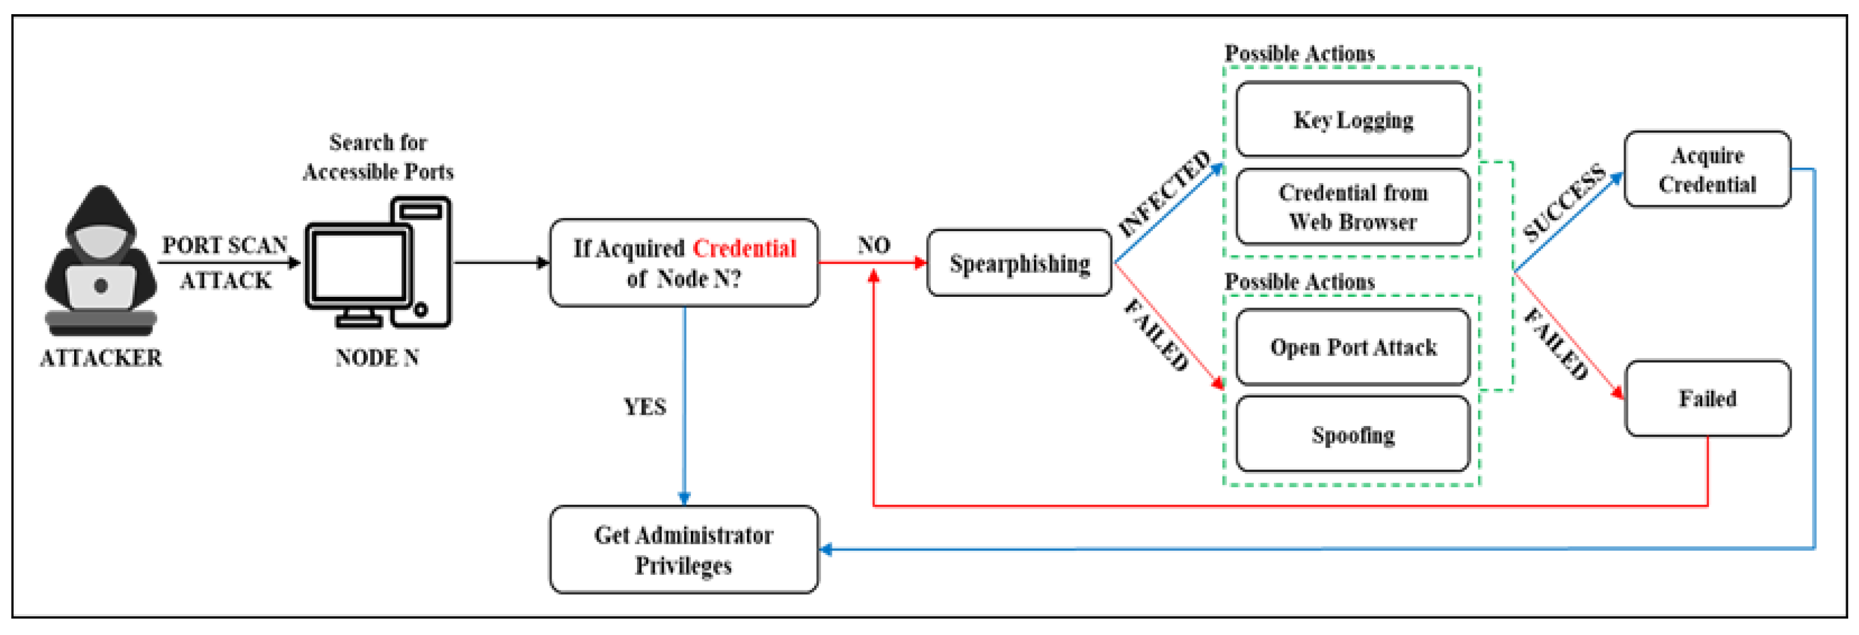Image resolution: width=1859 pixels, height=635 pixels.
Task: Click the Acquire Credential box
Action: pos(1707,169)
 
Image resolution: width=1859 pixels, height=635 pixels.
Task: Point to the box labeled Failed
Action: pos(1707,398)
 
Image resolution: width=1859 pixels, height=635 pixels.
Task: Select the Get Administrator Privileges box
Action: pos(683,550)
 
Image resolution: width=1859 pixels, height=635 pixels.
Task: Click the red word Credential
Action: pos(744,248)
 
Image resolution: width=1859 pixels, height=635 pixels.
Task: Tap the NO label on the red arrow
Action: pos(873,245)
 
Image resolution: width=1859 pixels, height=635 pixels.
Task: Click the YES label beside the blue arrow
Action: pos(644,407)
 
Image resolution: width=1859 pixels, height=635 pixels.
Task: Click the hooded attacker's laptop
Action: pos(101,287)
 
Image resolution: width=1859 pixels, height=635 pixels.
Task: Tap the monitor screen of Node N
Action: pos(358,267)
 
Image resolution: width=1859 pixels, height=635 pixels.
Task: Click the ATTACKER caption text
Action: pos(101,358)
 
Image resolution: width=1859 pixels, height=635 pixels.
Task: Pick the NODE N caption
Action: pos(377,358)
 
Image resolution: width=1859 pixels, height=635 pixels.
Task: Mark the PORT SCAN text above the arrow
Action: pos(224,245)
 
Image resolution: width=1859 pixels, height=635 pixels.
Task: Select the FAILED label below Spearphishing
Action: pos(1156,334)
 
